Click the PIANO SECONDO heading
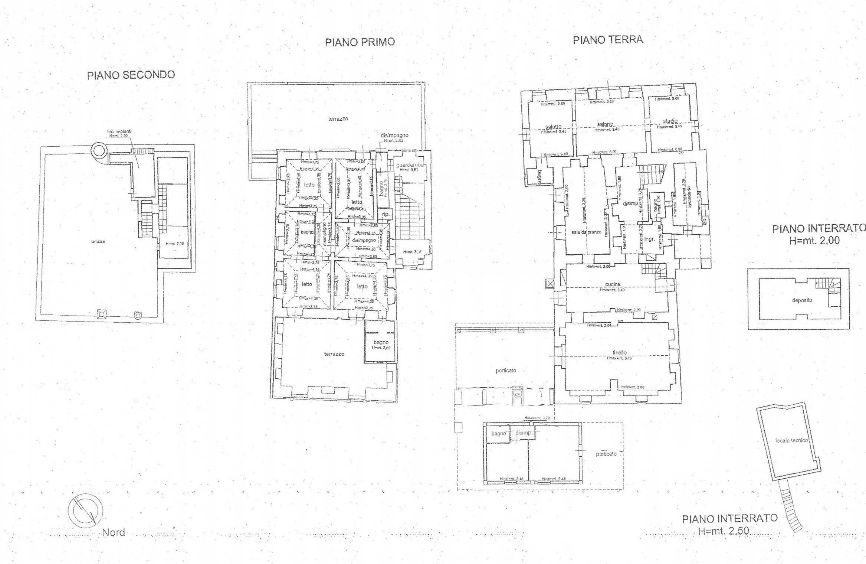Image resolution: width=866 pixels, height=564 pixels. click(131, 75)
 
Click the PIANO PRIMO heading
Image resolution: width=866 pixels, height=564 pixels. click(360, 42)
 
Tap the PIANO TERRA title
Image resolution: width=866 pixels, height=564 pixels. click(608, 40)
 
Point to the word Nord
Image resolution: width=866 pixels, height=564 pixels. click(113, 533)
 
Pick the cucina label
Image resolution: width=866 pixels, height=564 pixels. click(613, 284)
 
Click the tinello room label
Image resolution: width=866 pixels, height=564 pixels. click(619, 352)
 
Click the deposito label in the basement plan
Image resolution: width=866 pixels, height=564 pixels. click(802, 300)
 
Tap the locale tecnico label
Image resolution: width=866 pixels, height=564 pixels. click(791, 441)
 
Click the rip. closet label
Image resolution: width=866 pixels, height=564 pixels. click(386, 215)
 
